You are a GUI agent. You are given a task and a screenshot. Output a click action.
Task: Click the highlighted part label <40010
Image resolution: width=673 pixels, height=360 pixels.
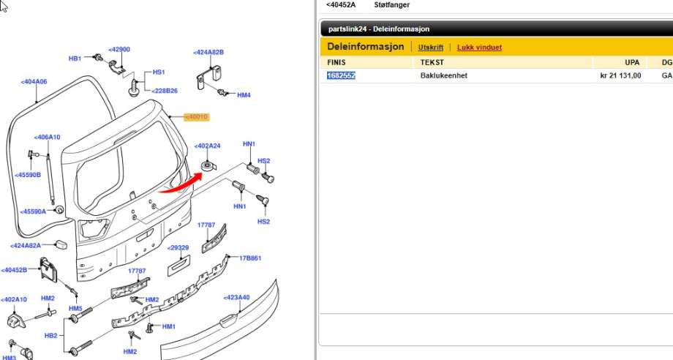pyautogui.click(x=197, y=117)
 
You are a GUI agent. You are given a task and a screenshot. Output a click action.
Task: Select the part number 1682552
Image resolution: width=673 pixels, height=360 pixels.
pyautogui.click(x=341, y=75)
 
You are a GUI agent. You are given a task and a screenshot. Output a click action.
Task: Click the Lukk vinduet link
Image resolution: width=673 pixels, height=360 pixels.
pyautogui.click(x=479, y=48)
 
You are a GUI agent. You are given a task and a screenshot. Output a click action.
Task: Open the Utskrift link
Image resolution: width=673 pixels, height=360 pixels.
pyautogui.click(x=430, y=48)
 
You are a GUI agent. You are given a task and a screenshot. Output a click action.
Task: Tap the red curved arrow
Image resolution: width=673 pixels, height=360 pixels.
pyautogui.click(x=181, y=184)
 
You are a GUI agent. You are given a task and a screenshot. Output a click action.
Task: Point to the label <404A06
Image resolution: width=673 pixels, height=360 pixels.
pyautogui.click(x=34, y=81)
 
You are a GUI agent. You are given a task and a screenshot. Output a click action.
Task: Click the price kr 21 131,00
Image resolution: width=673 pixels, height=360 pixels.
pyautogui.click(x=620, y=75)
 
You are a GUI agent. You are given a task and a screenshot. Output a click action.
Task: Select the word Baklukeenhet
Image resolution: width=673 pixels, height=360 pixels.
pyautogui.click(x=444, y=75)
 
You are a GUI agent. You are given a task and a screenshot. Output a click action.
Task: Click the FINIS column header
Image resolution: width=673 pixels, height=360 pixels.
pyautogui.click(x=336, y=62)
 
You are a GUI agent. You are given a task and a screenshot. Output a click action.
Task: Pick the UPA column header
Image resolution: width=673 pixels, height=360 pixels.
pyautogui.click(x=632, y=62)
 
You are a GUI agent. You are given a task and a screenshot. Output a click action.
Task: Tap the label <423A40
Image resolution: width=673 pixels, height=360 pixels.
pyautogui.click(x=236, y=297)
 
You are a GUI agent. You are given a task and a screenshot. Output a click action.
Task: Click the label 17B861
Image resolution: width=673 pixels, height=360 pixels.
pyautogui.click(x=249, y=258)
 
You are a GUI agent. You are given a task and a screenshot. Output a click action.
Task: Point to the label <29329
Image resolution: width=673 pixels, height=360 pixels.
pyautogui.click(x=178, y=247)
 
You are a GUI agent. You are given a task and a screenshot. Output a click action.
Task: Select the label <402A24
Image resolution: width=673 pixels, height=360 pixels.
pyautogui.click(x=207, y=146)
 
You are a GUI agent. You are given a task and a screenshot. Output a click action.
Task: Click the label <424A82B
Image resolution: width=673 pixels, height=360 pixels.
pyautogui.click(x=208, y=53)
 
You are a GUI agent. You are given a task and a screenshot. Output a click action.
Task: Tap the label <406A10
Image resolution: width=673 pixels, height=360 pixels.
pyautogui.click(x=48, y=138)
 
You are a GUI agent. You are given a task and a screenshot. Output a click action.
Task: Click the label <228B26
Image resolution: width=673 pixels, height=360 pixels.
pyautogui.click(x=165, y=91)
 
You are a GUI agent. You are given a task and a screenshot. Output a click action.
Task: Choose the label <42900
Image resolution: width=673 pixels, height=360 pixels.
pyautogui.click(x=119, y=49)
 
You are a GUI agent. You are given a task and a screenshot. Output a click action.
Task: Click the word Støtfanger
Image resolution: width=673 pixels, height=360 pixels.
pyautogui.click(x=392, y=4)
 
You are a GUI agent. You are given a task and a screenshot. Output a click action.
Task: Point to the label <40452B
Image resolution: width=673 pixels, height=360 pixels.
pyautogui.click(x=14, y=270)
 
